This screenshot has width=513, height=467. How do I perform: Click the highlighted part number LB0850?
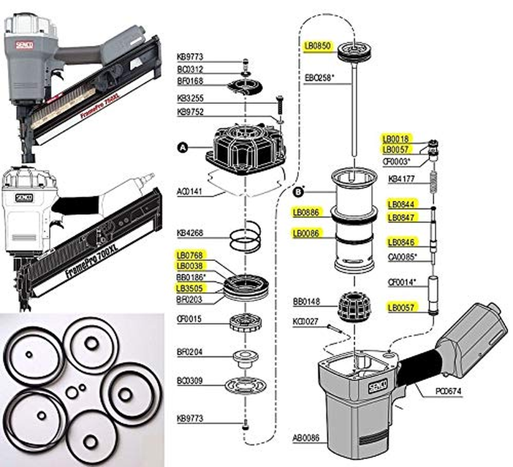coord(316,44)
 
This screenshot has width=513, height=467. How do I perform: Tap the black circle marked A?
coord(182,148)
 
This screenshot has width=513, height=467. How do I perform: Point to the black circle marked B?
coord(299,190)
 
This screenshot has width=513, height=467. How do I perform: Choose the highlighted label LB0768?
coord(190,255)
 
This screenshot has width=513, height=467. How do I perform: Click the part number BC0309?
coord(190,381)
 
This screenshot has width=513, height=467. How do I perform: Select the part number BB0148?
coord(306,302)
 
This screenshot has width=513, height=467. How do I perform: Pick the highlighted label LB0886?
coord(306,213)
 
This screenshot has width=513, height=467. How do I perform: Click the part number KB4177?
coord(402,178)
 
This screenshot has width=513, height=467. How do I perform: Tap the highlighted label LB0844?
coord(401,204)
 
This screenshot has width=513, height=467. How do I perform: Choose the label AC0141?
coord(190,191)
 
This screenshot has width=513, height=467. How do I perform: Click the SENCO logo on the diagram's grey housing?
coord(374,386)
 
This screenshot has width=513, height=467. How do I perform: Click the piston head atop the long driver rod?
coord(354,51)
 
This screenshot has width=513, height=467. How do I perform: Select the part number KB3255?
coord(190,99)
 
